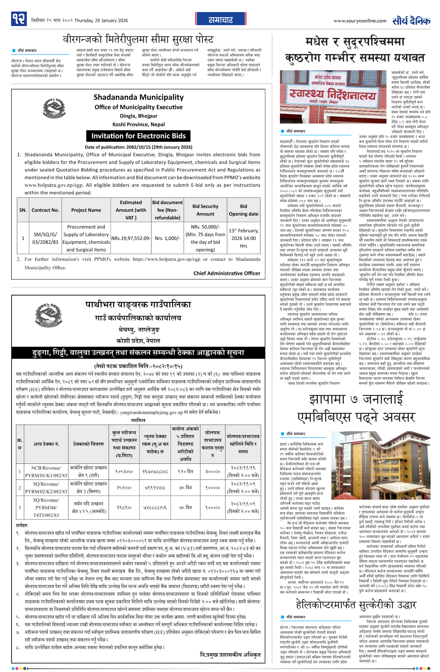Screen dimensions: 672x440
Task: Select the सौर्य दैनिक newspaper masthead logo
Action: coord(411,21)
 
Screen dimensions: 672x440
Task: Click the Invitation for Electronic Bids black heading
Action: coord(138,136)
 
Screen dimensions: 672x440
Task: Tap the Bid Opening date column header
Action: coord(243,210)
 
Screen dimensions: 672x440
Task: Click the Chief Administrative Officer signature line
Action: coord(227,273)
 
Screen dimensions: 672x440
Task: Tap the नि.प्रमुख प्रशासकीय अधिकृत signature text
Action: coord(230,654)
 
